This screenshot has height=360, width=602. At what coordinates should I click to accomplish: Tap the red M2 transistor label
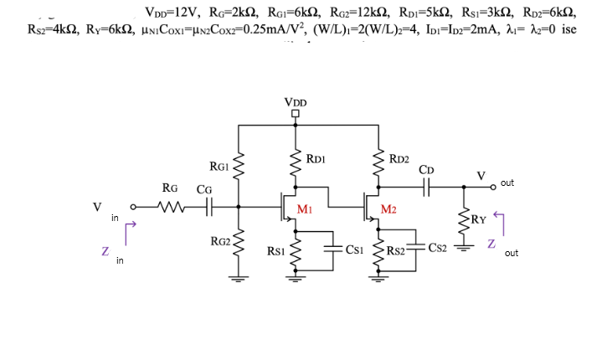point(388,208)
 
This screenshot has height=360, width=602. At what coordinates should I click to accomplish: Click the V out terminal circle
point(494,189)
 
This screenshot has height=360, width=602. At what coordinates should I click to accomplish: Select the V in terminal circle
point(133,205)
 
